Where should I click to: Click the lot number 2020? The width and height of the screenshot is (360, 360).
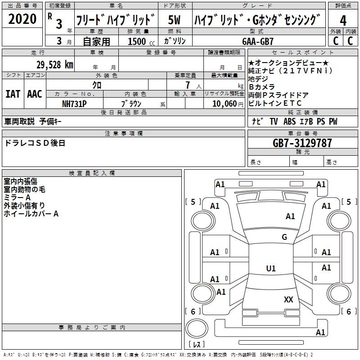(22, 19)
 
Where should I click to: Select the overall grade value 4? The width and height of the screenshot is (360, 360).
(343, 20)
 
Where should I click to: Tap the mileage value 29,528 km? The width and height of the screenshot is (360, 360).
(55, 65)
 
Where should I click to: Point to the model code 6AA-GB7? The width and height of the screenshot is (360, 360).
(258, 41)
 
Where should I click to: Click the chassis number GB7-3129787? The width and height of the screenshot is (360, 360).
(302, 143)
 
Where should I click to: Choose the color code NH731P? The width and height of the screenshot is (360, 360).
(74, 104)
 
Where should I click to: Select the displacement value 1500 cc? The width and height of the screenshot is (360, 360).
(141, 41)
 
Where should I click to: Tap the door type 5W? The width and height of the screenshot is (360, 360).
(174, 20)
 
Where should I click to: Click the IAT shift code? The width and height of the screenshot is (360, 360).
(13, 94)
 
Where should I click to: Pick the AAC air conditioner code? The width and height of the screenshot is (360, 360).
(35, 94)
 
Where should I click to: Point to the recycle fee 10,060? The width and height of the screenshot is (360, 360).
(225, 104)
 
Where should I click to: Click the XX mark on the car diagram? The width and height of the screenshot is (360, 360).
(288, 300)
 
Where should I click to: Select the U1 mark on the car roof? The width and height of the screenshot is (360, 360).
(271, 268)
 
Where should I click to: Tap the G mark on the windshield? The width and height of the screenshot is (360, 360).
(284, 237)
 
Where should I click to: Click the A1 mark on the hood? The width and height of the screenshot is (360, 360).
(290, 216)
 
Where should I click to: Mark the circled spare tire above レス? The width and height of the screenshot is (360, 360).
(197, 328)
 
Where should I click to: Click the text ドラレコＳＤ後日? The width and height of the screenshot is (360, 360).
(35, 143)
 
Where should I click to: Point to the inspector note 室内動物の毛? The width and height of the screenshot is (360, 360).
(25, 189)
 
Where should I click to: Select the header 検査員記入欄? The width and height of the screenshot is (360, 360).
(92, 173)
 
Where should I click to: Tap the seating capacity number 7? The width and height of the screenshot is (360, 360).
(188, 85)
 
